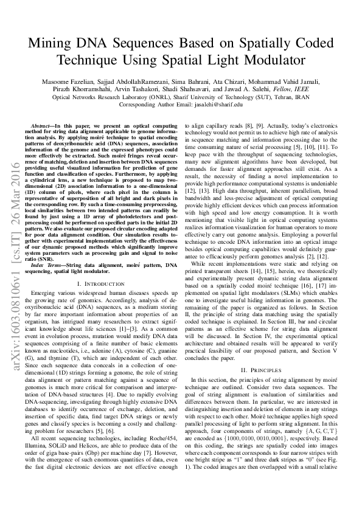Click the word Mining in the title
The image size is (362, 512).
(50, 45)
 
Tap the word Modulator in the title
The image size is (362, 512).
(273, 61)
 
